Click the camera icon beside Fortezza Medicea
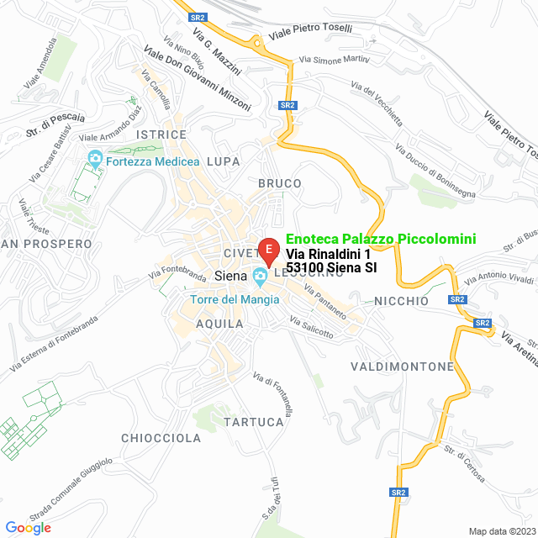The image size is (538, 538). pos(94,158)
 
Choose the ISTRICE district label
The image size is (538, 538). pos(161,134)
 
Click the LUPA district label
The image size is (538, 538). pos(223,161)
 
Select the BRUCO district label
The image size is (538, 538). pos(280,183)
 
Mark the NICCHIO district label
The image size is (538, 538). pos(401,301)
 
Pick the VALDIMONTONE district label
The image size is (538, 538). pos(402,367)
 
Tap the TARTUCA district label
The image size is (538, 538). pos(254,421)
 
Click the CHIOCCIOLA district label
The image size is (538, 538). pos(161,438)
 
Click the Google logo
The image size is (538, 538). pos(28,527)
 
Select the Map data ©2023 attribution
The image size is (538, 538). pos(500,531)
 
